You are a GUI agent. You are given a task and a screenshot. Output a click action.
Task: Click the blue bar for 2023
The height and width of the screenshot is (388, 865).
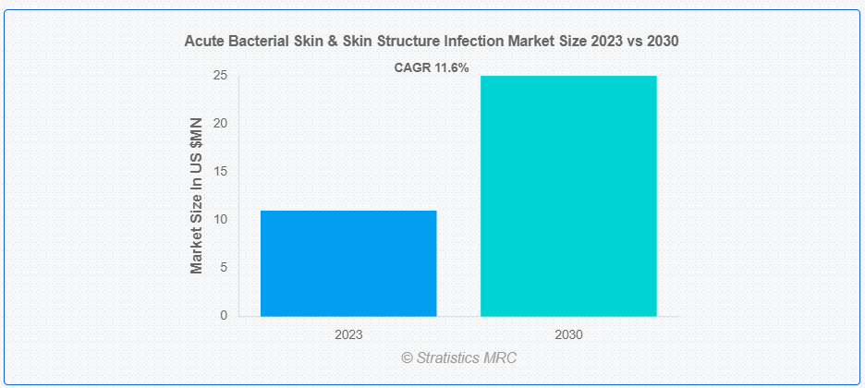[x=348, y=263]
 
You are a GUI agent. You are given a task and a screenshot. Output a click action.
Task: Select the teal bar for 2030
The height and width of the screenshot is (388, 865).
[x=568, y=196]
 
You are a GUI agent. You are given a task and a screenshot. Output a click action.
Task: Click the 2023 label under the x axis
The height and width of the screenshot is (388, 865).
[x=348, y=334]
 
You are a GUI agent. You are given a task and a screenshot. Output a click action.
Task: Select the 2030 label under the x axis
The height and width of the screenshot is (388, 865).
[x=568, y=334]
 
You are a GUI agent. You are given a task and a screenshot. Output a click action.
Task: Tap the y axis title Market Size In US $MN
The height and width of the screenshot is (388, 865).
[x=197, y=196]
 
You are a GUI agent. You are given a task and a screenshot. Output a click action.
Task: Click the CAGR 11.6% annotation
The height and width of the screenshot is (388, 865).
[x=432, y=68]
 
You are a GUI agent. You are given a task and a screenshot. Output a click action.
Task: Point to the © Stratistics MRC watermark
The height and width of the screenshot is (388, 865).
[x=459, y=358]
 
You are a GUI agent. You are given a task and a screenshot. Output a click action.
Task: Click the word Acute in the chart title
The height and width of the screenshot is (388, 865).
[x=201, y=42]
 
